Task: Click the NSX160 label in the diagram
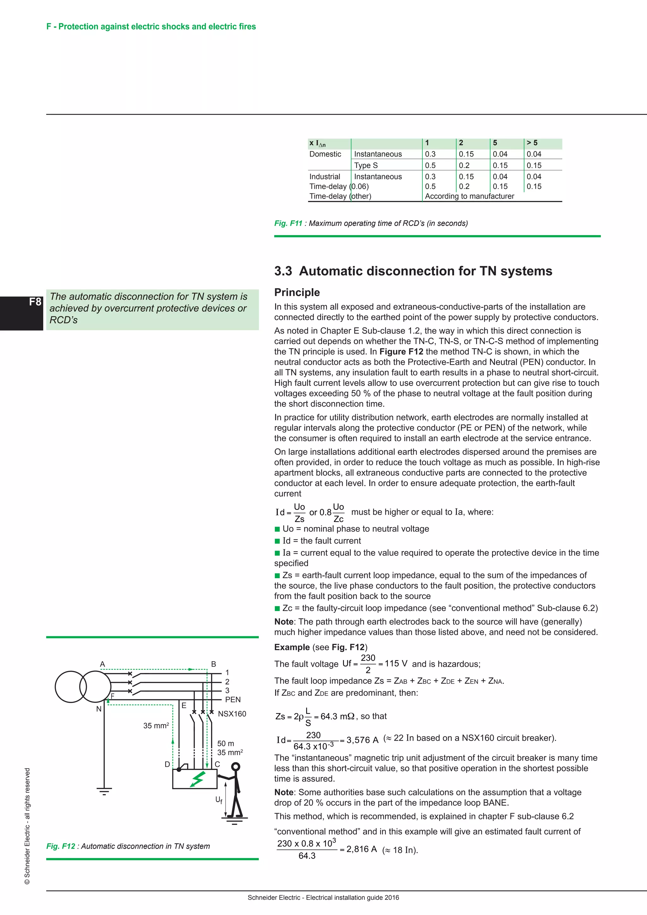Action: click(232, 714)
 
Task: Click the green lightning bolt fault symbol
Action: click(197, 779)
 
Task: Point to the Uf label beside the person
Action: click(219, 799)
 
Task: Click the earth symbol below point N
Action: click(104, 791)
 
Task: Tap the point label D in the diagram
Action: click(167, 764)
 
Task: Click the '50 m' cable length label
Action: click(226, 743)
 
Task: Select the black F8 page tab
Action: click(21, 313)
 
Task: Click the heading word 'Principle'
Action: click(297, 292)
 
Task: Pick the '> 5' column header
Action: click(532, 143)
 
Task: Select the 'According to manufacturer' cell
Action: click(469, 196)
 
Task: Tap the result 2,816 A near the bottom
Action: click(361, 849)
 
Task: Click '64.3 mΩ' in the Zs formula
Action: click(337, 716)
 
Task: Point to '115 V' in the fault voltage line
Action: click(396, 664)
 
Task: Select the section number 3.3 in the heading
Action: click(283, 271)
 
